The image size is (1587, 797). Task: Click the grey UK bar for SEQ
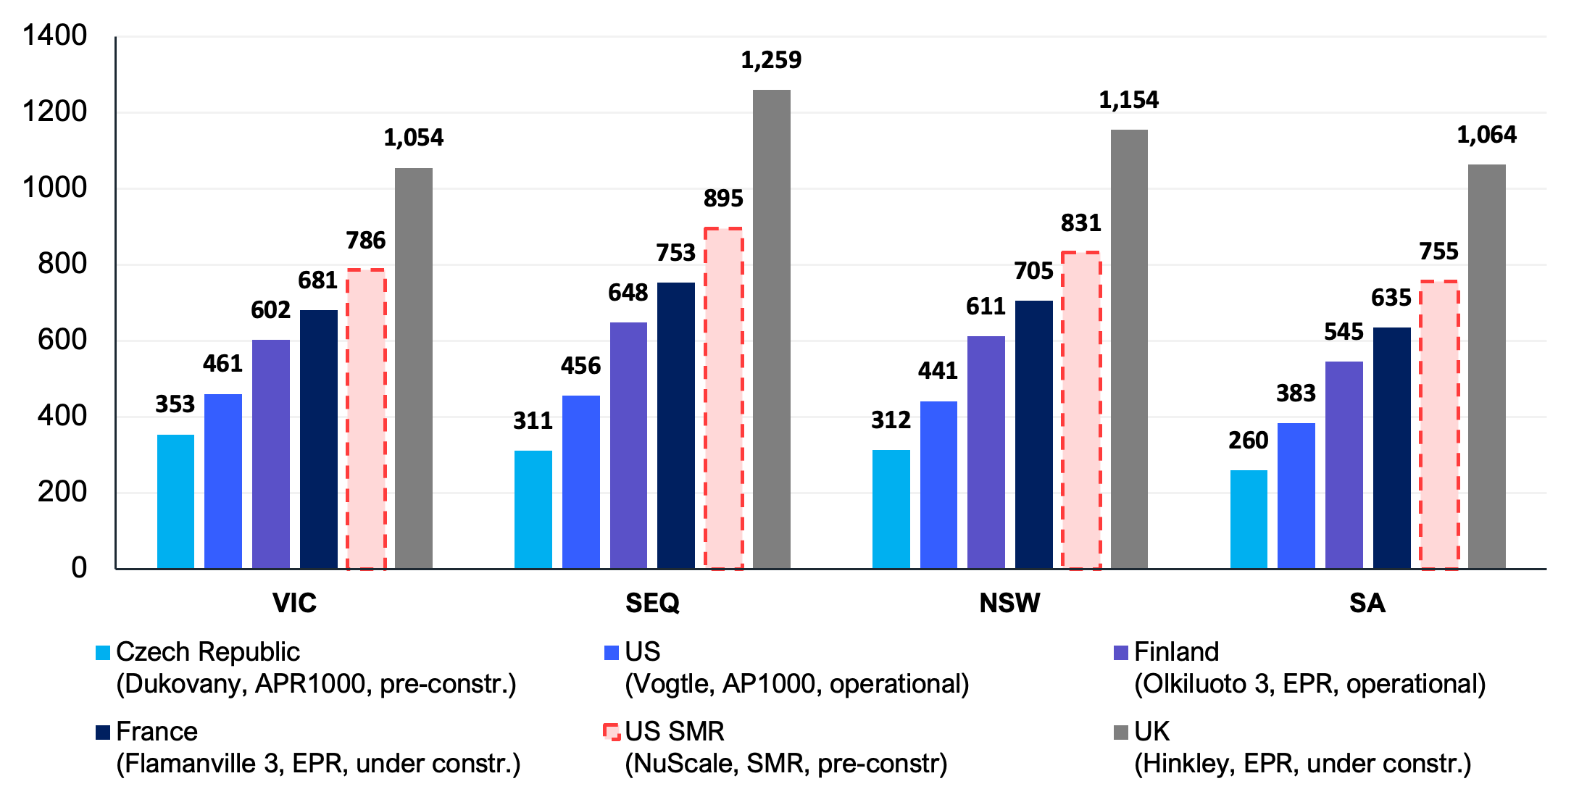point(771,330)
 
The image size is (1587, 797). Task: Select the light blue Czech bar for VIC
point(175,501)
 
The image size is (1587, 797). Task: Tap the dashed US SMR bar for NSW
point(1081,410)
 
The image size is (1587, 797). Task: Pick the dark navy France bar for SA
point(1391,448)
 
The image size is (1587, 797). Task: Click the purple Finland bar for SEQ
point(628,445)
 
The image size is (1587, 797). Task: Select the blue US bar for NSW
point(938,484)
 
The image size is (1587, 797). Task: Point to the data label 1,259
point(770,60)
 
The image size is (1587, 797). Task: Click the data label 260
point(1248,441)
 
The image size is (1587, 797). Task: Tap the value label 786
point(365,241)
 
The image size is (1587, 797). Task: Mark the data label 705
point(1033,271)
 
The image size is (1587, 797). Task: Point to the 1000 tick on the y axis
point(55,188)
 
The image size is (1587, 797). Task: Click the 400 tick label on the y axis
point(62,416)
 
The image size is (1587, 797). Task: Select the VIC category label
point(294,603)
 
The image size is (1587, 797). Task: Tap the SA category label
point(1367,603)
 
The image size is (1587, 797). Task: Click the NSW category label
point(1009,603)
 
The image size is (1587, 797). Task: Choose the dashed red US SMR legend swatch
point(612,732)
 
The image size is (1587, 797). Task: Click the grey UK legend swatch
point(1120,732)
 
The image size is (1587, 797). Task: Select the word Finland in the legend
point(1175,652)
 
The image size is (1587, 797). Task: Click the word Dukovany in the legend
point(184,684)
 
